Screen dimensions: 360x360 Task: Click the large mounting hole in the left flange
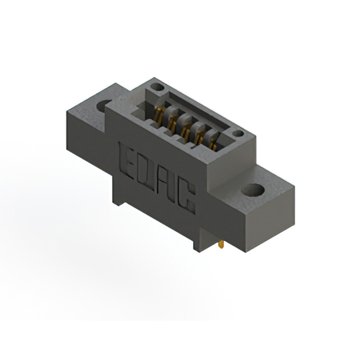[x=105, y=105]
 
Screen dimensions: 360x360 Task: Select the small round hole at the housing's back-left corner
[x=158, y=88]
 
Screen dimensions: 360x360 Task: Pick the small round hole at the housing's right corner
[x=238, y=134]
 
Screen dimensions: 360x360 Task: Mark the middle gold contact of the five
[x=185, y=128]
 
